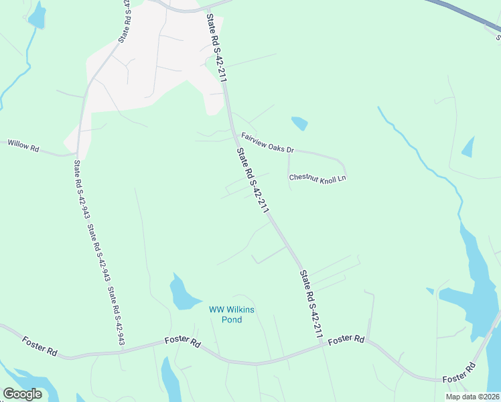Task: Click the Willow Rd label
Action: [x=23, y=144]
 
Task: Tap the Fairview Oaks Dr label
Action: [x=268, y=142]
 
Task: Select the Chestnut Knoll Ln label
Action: [x=317, y=178]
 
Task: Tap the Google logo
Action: [x=22, y=394]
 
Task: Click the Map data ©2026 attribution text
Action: [x=472, y=397]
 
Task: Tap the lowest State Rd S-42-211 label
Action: [x=312, y=304]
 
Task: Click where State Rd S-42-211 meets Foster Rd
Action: [x=323, y=346]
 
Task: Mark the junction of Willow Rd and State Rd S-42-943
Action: [x=78, y=153]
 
